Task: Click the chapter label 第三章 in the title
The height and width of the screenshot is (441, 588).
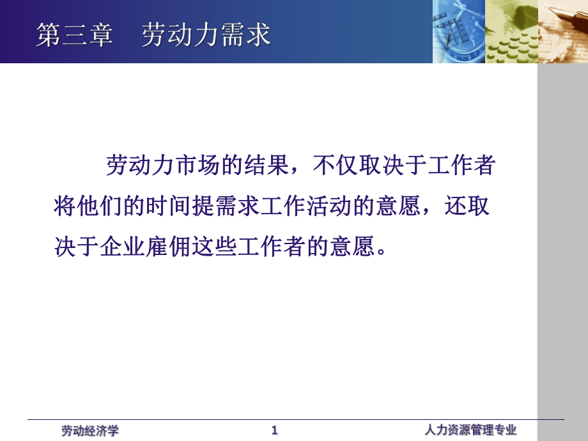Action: (x=74, y=35)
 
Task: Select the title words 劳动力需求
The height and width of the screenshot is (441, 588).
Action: (x=206, y=35)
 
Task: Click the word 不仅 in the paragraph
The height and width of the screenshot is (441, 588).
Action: (x=336, y=165)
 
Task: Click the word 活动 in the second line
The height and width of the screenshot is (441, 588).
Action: (x=329, y=206)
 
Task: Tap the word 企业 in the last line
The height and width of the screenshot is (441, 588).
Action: (x=122, y=246)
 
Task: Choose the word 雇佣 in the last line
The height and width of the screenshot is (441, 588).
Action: (x=168, y=246)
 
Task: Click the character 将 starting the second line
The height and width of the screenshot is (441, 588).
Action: (x=65, y=206)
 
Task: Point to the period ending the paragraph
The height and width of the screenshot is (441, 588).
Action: (x=382, y=252)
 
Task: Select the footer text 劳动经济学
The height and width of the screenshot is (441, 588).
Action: (x=90, y=431)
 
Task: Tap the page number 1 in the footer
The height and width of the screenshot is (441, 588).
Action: (x=274, y=430)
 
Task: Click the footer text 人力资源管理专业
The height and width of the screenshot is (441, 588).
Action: (x=470, y=429)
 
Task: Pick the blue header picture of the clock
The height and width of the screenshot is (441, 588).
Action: (x=459, y=31)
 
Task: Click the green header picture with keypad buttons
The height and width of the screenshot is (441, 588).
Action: (x=511, y=31)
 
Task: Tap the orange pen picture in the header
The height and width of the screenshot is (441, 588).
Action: (x=563, y=31)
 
